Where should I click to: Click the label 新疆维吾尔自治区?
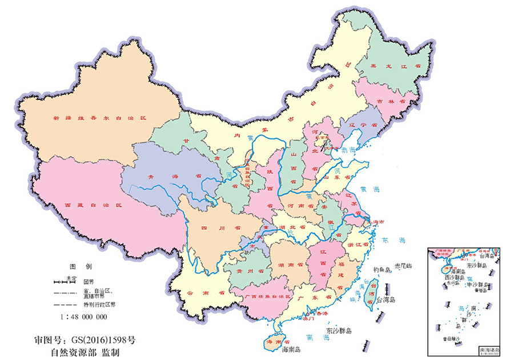[100, 118]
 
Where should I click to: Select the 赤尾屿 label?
[407, 267]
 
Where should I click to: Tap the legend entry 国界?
[89, 282]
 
